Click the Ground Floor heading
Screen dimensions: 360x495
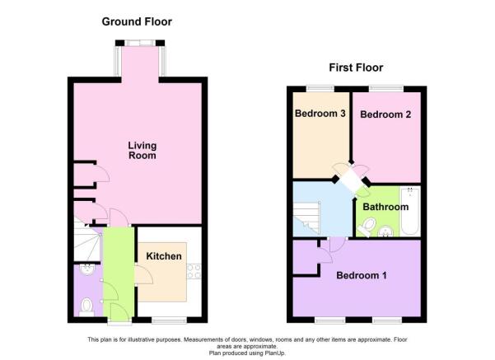coord(137,21)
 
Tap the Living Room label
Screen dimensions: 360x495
coord(142,151)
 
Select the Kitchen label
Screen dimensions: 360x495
coord(164,256)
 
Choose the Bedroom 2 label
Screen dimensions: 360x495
coord(385,115)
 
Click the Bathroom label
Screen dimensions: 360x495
coord(385,207)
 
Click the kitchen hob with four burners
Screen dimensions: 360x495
coord(194,269)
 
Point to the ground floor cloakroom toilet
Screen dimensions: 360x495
coord(86,307)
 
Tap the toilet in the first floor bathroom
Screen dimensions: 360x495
coord(370,227)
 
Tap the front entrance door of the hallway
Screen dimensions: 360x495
coord(118,311)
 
